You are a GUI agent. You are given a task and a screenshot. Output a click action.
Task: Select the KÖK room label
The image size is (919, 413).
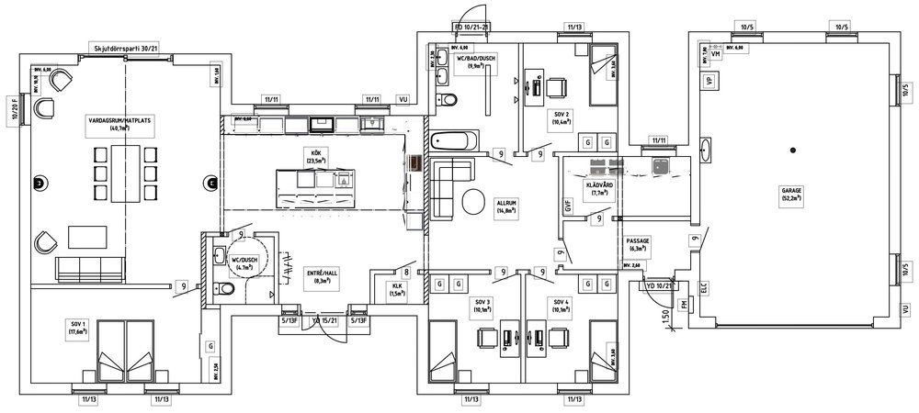tap(316, 156)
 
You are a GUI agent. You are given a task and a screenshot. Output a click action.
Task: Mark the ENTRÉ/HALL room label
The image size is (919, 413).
tap(323, 277)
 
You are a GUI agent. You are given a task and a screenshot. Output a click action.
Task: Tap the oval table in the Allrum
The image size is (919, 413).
tap(474, 201)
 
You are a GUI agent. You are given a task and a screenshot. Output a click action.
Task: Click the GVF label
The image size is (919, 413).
tap(569, 207)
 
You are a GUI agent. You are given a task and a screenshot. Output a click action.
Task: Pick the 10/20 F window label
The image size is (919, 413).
tap(14, 109)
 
